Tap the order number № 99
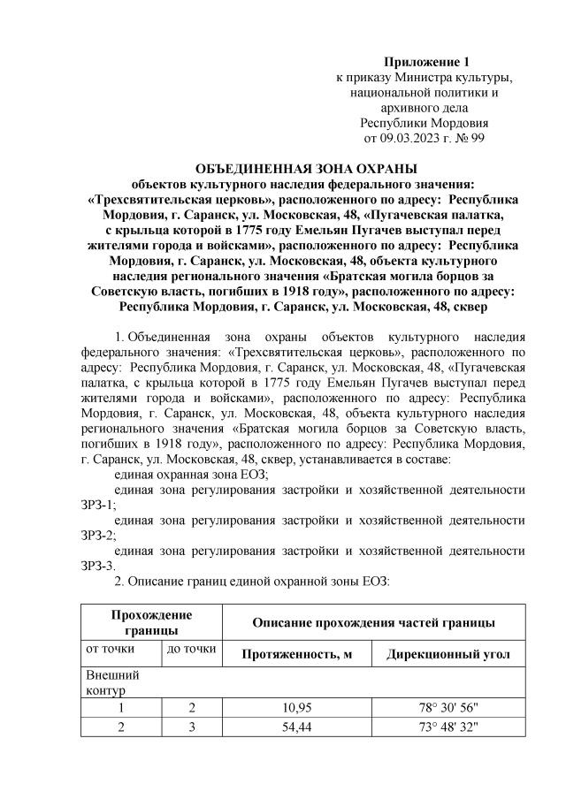point(469,140)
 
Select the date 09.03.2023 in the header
point(407,140)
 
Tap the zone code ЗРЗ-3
point(97,566)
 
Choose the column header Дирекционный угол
point(447,654)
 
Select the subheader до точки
point(190,650)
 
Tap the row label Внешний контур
point(103,681)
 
